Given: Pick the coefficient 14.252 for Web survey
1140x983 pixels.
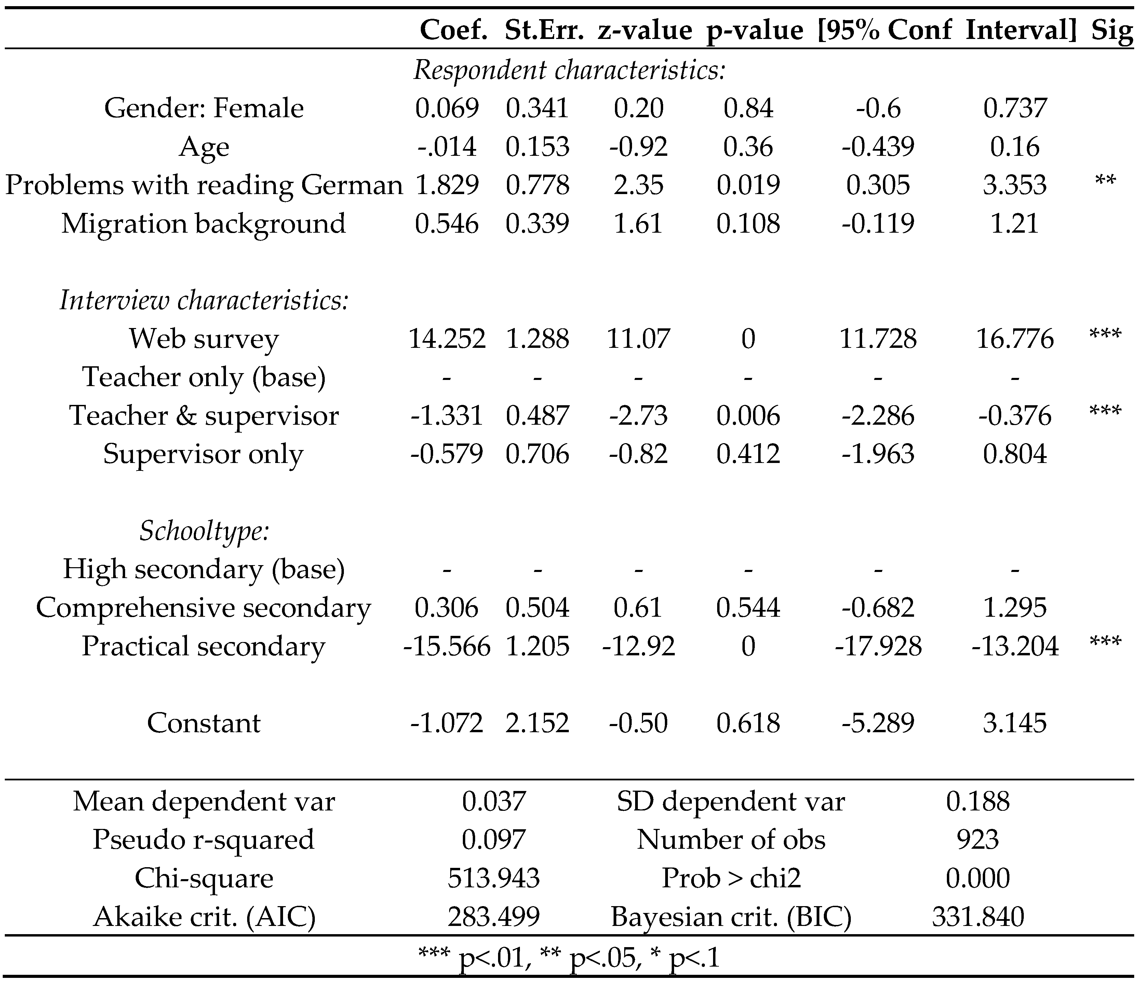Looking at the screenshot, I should click(447, 339).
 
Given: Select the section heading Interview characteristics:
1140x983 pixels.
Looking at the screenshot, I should click(204, 300).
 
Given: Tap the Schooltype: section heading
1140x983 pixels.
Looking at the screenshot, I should click(204, 531).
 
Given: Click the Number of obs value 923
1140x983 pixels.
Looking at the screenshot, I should click(978, 840).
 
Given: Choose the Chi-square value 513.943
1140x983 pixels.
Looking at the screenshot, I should click(494, 878).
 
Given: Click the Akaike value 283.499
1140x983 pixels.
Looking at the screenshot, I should click(494, 917).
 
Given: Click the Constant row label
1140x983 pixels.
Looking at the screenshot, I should click(204, 723).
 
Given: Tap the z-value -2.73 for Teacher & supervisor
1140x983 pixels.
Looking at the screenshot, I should click(638, 416).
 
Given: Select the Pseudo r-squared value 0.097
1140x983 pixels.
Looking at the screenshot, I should click(494, 840).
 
